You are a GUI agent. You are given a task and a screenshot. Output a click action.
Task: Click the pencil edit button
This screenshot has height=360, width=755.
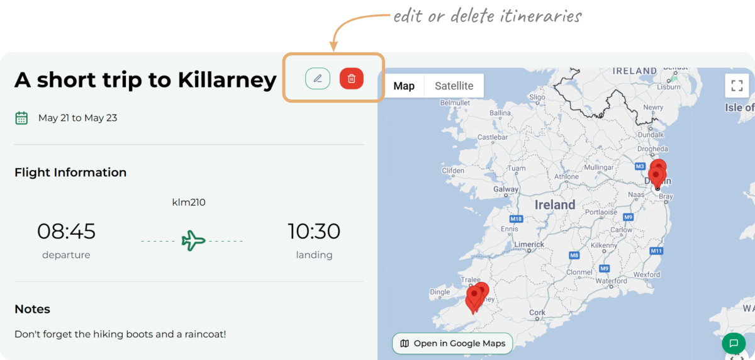[318, 79]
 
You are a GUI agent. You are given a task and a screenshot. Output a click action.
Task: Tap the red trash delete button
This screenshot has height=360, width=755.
[352, 79]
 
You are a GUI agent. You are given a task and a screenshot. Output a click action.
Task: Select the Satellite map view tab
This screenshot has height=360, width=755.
[454, 86]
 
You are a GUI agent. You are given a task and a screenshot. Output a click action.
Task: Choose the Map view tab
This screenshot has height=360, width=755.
[404, 86]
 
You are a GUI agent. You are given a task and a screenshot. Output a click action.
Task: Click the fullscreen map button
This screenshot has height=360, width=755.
[737, 86]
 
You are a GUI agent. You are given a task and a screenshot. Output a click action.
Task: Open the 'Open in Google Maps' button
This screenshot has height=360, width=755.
[452, 344]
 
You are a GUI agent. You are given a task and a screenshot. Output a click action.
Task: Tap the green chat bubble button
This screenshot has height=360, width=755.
[733, 344]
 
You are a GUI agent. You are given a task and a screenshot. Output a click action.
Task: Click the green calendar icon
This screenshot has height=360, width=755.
[21, 118]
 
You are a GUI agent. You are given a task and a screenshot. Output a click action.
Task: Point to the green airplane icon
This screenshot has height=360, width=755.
[193, 240]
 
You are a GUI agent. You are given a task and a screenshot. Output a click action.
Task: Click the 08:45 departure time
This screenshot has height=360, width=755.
[66, 232]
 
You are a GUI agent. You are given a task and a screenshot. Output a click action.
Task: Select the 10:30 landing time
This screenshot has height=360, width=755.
[314, 232]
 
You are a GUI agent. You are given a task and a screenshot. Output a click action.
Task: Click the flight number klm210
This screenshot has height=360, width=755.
[189, 202]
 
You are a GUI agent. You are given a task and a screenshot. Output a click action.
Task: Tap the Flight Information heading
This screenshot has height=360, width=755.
[70, 172]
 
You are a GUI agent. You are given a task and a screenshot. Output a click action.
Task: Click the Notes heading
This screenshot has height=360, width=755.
[32, 309]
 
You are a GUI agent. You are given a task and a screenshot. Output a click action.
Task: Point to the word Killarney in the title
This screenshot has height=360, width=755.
[227, 80]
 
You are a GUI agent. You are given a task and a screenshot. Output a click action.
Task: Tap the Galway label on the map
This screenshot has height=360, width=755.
[506, 189]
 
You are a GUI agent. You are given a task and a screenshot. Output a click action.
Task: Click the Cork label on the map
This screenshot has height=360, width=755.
[537, 312]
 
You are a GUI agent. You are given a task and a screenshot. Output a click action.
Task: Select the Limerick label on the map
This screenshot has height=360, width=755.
[528, 244]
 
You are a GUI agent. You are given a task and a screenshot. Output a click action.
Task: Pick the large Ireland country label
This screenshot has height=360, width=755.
[555, 205]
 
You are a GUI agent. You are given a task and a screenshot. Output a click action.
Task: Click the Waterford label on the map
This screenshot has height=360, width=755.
[611, 281]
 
